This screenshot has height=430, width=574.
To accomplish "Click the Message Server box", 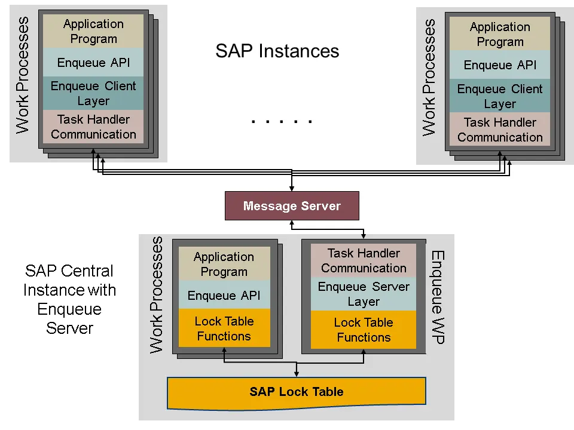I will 292,206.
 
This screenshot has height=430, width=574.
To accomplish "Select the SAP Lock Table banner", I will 297,392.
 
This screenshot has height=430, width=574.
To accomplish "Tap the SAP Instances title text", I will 277,51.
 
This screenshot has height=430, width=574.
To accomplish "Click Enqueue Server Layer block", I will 364,294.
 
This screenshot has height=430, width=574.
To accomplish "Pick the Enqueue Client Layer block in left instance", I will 93,93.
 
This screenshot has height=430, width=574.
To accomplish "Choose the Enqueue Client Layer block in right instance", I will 500,96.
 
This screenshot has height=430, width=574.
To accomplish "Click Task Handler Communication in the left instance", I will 93,127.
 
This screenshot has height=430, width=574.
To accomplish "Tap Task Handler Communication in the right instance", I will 500,130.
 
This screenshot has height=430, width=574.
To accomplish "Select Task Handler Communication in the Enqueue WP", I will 364,260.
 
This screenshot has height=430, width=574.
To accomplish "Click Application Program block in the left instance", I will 93,31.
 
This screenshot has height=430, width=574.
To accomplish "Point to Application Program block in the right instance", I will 500,34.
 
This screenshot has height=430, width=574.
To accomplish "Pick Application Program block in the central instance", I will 224,264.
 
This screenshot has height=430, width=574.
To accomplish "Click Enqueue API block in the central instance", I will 224,296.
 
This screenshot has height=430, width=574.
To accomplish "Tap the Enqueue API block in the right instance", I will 500,65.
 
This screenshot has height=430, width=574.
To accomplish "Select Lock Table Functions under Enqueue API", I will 224,328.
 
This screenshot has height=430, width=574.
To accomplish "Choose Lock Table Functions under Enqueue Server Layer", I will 364,330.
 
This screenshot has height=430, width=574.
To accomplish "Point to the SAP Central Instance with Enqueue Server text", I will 70,299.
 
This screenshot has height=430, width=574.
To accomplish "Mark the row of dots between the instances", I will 282,122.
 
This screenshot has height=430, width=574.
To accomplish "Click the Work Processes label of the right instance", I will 429,78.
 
